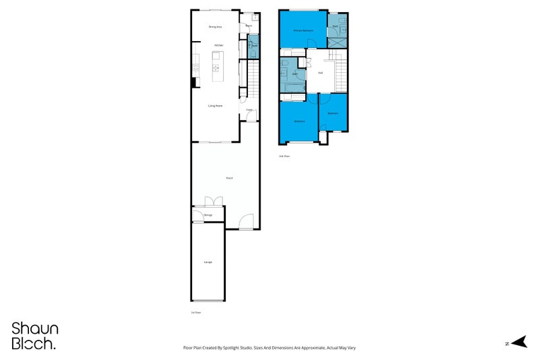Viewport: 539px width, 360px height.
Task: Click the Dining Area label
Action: [x=216, y=27]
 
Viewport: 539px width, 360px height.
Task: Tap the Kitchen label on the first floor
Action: [x=218, y=45]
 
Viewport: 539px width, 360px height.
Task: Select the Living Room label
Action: [x=216, y=106]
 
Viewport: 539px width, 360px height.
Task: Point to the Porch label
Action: [x=230, y=178]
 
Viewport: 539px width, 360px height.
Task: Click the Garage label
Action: [x=208, y=262]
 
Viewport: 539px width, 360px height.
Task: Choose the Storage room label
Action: [x=208, y=215]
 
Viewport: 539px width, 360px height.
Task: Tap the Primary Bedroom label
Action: [x=303, y=31]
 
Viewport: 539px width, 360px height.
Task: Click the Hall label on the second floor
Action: [x=320, y=73]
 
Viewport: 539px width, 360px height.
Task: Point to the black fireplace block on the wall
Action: [x=194, y=82]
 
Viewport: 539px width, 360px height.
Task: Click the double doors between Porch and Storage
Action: [x=214, y=201]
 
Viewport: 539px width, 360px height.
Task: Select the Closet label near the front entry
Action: [x=249, y=110]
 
